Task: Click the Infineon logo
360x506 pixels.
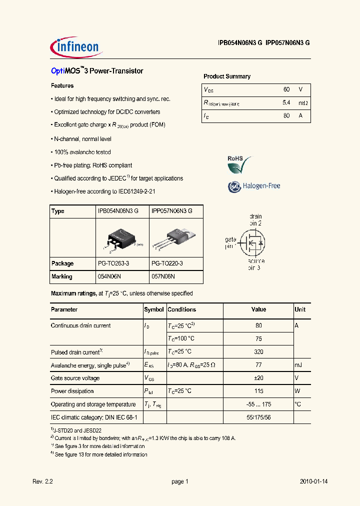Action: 76,47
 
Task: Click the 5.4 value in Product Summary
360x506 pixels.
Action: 286,102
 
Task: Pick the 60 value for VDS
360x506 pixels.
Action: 286,89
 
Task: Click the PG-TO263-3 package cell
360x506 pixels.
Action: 113,263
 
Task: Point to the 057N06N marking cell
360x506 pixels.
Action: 163,276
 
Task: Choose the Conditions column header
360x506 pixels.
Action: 182,309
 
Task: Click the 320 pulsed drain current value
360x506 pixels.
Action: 258,352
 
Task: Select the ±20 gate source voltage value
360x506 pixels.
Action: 258,378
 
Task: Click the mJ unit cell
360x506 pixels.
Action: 298,365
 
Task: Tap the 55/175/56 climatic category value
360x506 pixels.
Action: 258,417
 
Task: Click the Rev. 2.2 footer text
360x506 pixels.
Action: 42,481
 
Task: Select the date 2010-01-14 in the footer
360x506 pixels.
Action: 313,481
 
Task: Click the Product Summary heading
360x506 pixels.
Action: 226,76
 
